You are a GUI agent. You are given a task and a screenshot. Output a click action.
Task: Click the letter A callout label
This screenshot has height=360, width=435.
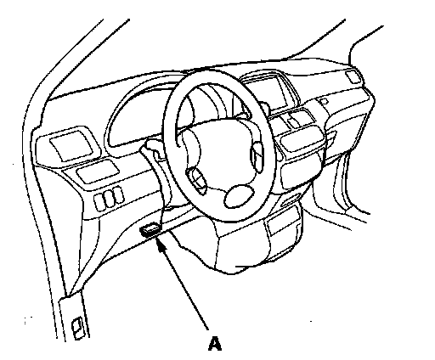pos(215,343)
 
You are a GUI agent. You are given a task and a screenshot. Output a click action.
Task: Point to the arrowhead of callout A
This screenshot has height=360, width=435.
pos(161,244)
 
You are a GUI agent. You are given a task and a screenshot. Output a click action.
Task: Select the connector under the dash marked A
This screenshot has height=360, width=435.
pos(150,229)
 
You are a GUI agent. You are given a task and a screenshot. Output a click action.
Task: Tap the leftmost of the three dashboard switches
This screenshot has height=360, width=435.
pos(99,202)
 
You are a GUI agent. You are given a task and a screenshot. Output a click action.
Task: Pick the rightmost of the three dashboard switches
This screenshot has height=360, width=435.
pos(118,195)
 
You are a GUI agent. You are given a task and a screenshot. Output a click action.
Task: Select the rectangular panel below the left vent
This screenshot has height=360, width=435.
pos(97,172)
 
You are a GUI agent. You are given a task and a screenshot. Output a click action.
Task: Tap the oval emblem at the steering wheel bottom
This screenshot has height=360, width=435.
pos(240,195)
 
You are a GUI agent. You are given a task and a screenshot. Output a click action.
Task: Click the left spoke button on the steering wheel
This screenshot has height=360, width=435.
pos(196,179)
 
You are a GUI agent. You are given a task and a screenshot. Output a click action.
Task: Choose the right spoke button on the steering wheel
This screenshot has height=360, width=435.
pos(257,156)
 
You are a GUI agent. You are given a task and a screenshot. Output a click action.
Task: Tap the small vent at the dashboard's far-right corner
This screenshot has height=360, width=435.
pos(353,76)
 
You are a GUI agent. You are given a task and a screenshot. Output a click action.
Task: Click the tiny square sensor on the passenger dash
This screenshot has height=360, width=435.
pos(324,101)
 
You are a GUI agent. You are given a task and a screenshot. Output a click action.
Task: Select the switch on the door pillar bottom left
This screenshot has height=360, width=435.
pos(78,328)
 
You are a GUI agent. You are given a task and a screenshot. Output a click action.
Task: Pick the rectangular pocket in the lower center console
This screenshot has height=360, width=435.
pos(283,223)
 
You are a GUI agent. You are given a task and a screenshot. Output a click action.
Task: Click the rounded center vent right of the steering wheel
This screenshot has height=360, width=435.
pos(302,138)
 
